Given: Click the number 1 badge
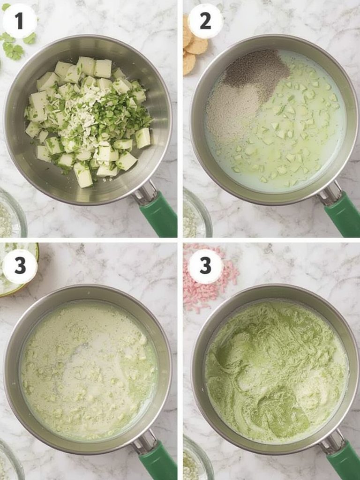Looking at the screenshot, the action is coord(20,21).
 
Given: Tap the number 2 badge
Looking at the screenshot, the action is coord(205,21).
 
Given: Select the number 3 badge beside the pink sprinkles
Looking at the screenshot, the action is coord(205,266).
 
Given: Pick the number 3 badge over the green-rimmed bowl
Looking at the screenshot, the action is coord(20,266).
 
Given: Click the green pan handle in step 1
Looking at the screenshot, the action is coord(159,215).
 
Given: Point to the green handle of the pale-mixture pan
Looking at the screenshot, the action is coord(158,461).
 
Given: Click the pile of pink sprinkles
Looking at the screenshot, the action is coord(208,282).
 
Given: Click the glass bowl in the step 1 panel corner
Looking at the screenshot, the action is coord(12,213).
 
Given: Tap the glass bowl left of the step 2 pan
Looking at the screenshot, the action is coord(197,213).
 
